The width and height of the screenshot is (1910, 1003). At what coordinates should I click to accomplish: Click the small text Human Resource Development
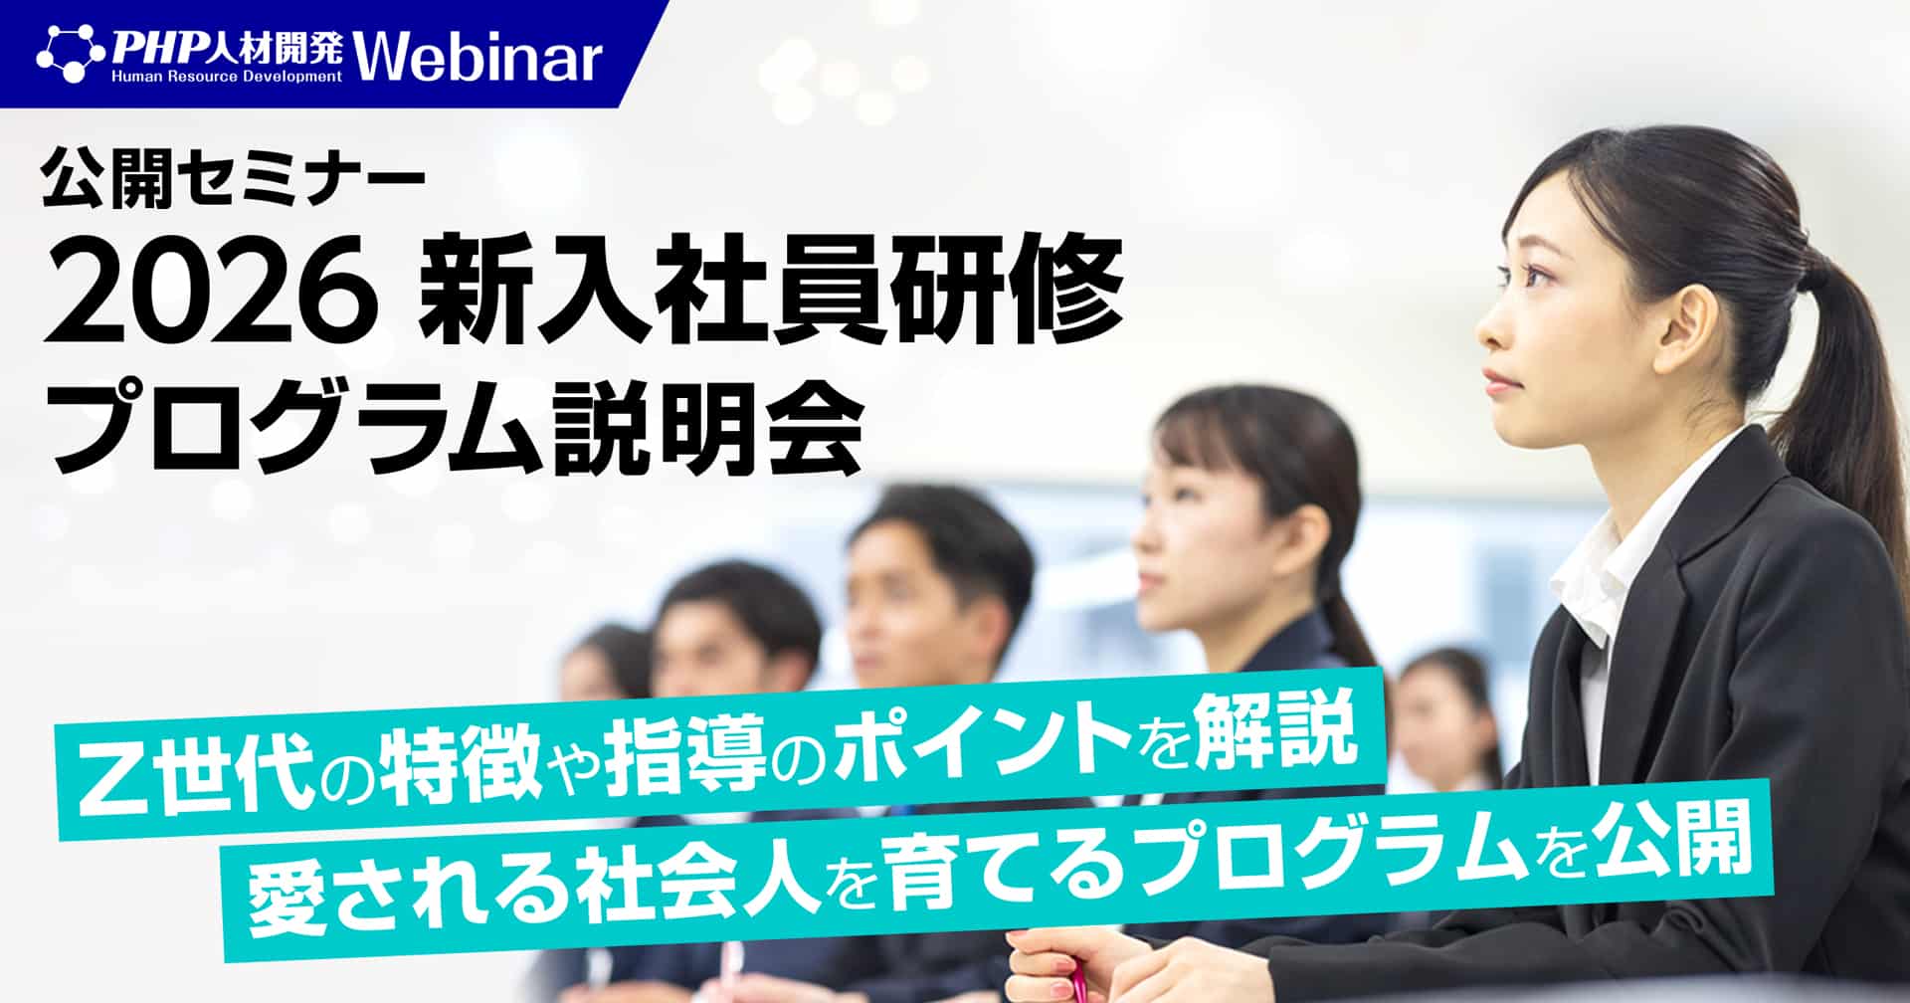227,76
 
